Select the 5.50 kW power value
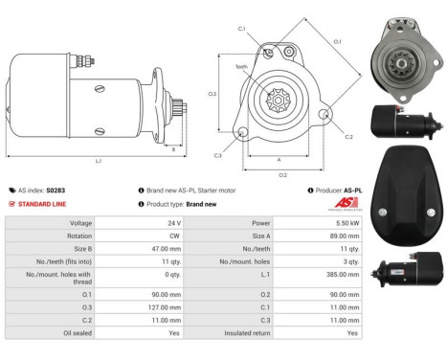[x=352, y=222]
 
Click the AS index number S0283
[x=57, y=191]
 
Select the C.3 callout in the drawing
[x=218, y=155]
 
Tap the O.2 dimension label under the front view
[x=282, y=175]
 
